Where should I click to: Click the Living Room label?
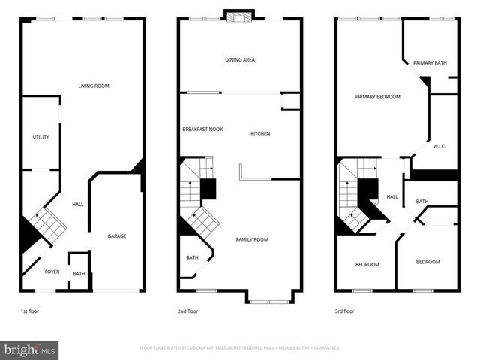94,85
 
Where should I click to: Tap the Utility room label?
40,136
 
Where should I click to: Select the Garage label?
116,236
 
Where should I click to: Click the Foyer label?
52,271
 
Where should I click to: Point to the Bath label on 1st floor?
79,274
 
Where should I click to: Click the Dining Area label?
240,60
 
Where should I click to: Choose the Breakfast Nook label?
202,130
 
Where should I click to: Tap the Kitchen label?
260,133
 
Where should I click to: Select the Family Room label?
252,239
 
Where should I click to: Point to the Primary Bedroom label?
377,96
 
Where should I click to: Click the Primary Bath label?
430,63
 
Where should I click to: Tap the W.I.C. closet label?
439,146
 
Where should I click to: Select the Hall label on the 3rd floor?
392,197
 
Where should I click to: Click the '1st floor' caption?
30,310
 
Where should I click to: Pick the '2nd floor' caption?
188,310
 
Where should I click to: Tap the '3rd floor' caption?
345,310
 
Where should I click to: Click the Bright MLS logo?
29,349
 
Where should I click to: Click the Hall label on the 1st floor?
77,204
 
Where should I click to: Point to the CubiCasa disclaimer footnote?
240,348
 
